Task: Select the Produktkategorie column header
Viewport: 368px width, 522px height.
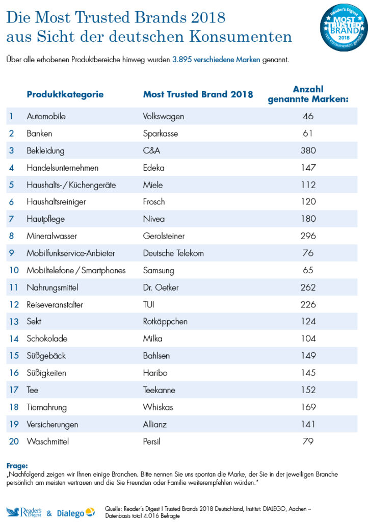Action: pyautogui.click(x=65, y=94)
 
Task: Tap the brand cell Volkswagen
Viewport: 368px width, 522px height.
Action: pyautogui.click(x=164, y=116)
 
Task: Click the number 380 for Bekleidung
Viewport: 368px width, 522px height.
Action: pyautogui.click(x=308, y=150)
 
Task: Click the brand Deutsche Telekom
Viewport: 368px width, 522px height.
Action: pyautogui.click(x=173, y=253)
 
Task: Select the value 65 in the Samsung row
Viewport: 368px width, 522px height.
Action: pyautogui.click(x=308, y=270)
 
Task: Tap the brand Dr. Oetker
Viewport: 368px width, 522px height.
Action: pyautogui.click(x=161, y=288)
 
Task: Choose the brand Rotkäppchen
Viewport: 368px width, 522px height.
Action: pyautogui.click(x=165, y=322)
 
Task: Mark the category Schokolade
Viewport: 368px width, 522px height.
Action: pyautogui.click(x=47, y=338)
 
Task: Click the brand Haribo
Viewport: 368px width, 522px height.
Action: pyautogui.click(x=155, y=373)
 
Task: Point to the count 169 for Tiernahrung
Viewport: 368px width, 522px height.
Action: pyautogui.click(x=308, y=407)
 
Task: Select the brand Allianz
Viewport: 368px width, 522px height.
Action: pyautogui.click(x=155, y=424)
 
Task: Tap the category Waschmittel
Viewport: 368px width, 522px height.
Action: pyautogui.click(x=49, y=441)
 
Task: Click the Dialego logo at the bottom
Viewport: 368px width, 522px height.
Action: pyautogui.click(x=75, y=512)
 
